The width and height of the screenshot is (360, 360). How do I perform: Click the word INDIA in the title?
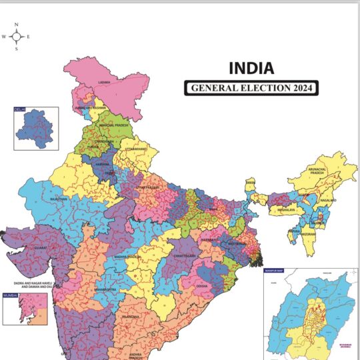pyautogui.click(x=251, y=68)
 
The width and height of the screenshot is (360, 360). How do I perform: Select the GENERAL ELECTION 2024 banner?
pyautogui.click(x=251, y=88)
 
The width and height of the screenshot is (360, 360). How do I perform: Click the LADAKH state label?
pyautogui.click(x=103, y=82)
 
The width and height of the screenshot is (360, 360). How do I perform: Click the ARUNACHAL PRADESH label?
pyautogui.click(x=317, y=171)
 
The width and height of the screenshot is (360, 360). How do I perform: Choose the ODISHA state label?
pyautogui.click(x=202, y=285)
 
